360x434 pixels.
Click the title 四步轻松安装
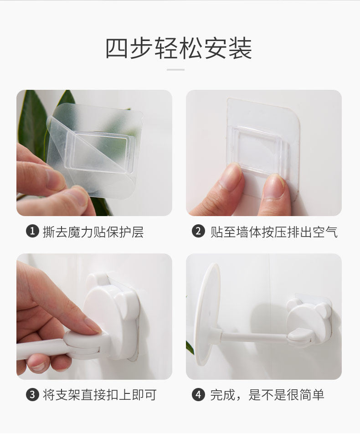179,48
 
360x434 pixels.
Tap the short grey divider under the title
175,70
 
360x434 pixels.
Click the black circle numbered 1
32,231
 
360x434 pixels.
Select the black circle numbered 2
198,231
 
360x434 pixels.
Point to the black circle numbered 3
32,394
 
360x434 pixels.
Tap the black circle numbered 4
198,394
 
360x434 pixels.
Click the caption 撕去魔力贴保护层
93,232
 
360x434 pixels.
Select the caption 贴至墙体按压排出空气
274,232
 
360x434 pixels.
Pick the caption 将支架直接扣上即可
100,395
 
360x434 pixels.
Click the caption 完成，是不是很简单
267,395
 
